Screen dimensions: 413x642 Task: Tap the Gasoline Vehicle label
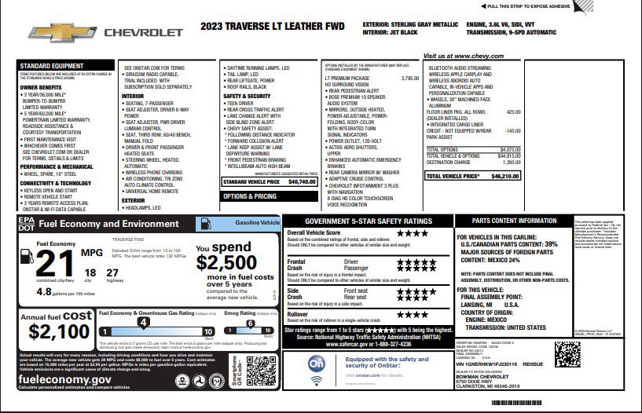coord(258,223)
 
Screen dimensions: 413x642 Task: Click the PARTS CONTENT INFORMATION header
coord(515,221)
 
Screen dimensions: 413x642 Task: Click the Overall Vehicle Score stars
coord(412,233)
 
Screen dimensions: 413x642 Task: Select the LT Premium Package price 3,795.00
coord(410,79)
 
